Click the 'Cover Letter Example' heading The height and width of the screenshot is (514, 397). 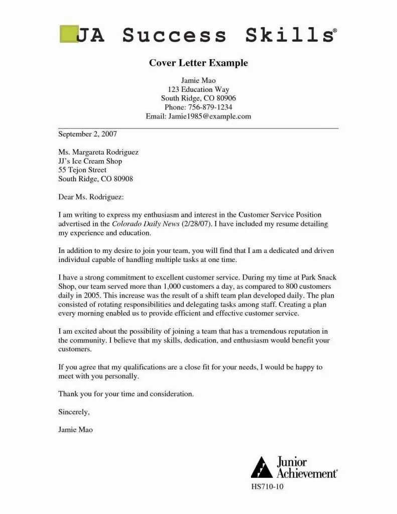pyautogui.click(x=198, y=63)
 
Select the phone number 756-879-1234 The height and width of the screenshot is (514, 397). pyautogui.click(x=210, y=107)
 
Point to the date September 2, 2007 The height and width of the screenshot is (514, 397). pyautogui.click(x=87, y=134)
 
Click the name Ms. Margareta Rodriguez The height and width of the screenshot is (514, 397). pyautogui.click(x=98, y=152)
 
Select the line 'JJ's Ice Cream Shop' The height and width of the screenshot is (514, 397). pyautogui.click(x=90, y=161)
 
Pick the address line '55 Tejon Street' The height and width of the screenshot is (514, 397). pyautogui.click(x=82, y=170)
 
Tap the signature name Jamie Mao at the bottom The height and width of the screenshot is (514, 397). pyautogui.click(x=76, y=430)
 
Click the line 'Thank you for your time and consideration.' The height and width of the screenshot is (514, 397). pyautogui.click(x=126, y=394)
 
